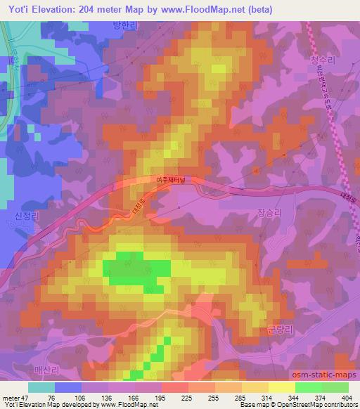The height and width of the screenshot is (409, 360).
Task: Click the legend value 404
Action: (x=345, y=397)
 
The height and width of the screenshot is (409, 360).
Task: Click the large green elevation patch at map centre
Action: (x=137, y=268)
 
